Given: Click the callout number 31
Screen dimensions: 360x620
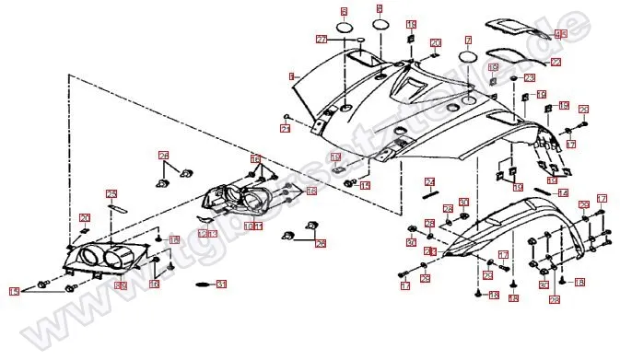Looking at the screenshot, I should coord(221,285).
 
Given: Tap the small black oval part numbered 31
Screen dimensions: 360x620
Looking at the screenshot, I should coord(201,286).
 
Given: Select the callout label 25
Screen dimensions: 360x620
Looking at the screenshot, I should coord(111,193).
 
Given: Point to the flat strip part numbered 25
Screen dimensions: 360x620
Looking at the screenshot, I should coord(117,209).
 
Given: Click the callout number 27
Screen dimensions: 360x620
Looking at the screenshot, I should coord(322,40).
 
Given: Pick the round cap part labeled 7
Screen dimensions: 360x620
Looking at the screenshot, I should coord(468,57).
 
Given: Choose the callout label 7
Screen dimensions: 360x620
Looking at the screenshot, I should coord(468,41).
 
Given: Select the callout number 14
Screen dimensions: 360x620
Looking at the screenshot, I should coord(563,193).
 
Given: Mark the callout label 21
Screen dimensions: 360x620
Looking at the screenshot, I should coord(286,128).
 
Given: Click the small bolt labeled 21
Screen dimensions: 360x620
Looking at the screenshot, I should coord(288,117).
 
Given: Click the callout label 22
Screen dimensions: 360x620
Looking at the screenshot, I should coord(556,62).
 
